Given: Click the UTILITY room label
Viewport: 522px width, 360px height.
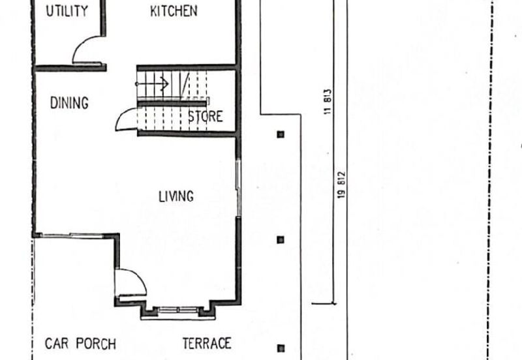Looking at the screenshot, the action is pos(67,11).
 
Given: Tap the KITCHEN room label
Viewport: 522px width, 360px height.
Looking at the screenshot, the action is pos(174,11).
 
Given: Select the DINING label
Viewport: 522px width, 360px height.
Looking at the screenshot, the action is pos(69,103).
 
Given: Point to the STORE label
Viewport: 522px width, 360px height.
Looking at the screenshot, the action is pos(206,117).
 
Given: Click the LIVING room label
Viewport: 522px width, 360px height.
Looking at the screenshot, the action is pos(176,196).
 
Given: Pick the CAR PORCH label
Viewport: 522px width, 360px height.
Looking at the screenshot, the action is pos(80,344).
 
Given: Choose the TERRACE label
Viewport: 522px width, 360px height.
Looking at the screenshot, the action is pos(207,343).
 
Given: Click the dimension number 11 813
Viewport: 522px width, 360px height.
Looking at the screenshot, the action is pos(328,102).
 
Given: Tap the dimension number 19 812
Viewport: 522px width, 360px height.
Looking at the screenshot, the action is pos(341,185).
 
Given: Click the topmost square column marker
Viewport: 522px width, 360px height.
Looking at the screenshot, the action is pos(281,134).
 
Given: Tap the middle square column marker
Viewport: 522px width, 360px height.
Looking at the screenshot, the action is pos(281,239).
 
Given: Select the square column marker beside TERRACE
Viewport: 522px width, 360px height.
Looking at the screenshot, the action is pos(281,348).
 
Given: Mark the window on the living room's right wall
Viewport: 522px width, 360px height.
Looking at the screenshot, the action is pos(238,188).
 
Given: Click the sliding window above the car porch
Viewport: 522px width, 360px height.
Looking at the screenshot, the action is pos(72,235).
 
